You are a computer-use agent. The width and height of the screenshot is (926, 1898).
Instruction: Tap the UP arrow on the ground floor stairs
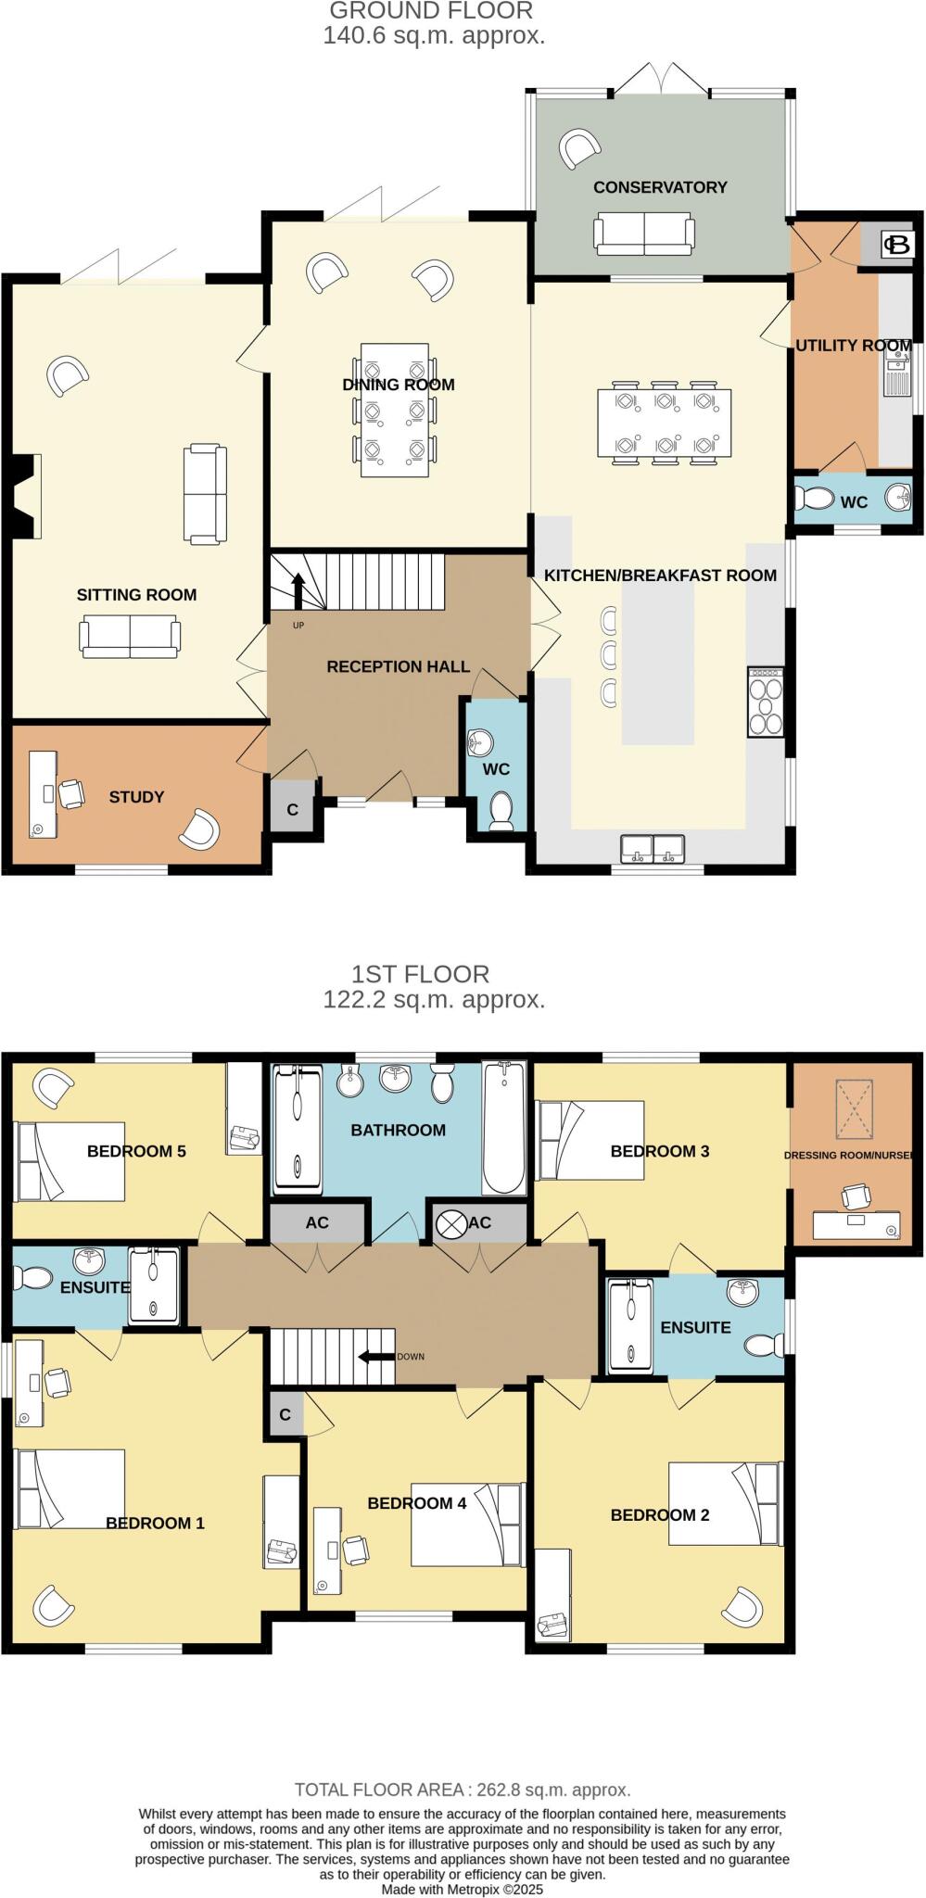tap(298, 590)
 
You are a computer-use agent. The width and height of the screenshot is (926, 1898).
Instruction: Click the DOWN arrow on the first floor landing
tap(375, 1357)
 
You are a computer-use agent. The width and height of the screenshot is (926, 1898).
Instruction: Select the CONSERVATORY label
tap(660, 187)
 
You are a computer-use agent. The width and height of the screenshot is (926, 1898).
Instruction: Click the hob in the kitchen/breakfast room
tap(766, 702)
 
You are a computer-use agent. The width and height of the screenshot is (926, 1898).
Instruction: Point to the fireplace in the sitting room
tap(26, 496)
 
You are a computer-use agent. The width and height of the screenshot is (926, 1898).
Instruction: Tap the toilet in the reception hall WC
tap(501, 810)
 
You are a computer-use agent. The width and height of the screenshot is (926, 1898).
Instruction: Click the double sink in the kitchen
tap(653, 847)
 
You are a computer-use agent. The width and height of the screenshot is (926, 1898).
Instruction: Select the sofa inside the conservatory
tap(644, 234)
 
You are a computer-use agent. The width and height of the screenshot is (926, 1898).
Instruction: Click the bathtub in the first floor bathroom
tap(503, 1129)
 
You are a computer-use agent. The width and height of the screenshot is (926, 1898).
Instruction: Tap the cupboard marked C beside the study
tap(292, 809)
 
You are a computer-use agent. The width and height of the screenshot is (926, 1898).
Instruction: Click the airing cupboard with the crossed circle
tap(452, 1223)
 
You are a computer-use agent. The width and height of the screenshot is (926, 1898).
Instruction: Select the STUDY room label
tap(136, 797)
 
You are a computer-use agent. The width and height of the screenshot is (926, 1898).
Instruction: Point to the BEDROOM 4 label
tap(416, 1503)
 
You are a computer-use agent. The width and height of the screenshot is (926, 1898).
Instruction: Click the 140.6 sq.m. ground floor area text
tap(434, 36)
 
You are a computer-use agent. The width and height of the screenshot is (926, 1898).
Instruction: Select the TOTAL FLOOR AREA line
tap(463, 1790)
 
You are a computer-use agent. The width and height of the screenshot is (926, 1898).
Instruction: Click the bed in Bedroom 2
tap(725, 1503)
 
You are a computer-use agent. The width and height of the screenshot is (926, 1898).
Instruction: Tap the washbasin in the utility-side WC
tap(898, 499)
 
